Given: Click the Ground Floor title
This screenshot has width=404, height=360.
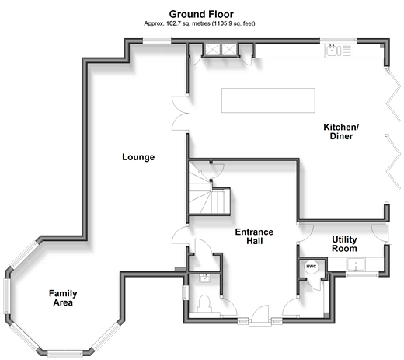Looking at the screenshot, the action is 201,14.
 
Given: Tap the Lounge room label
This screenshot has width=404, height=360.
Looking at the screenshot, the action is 138,157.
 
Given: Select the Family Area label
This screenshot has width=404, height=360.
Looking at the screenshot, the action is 63,298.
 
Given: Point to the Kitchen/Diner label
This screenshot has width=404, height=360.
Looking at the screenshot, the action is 341,131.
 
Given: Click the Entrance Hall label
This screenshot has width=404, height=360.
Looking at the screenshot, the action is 254,236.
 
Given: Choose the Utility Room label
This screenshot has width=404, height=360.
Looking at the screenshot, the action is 344,244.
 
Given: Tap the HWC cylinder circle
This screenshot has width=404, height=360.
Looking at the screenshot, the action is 312,267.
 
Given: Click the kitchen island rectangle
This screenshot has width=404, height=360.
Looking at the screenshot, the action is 268,100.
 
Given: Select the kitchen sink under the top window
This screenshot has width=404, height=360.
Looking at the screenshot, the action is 339,51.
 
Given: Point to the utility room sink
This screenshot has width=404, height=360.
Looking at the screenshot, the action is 356,264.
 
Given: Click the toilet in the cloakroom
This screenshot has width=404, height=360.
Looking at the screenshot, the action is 204,303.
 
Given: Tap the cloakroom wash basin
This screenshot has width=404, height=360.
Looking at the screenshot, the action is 205,278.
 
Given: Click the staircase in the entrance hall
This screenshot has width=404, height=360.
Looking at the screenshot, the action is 209,192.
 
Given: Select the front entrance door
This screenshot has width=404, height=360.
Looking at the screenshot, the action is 260,315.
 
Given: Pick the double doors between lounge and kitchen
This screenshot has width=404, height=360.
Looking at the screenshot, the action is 180,114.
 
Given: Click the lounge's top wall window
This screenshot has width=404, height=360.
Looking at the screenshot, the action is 157,40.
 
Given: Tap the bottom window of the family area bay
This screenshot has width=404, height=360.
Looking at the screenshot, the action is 65,354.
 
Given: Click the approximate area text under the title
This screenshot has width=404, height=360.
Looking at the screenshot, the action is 200,23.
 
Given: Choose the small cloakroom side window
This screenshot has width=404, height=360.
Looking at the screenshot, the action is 186,292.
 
